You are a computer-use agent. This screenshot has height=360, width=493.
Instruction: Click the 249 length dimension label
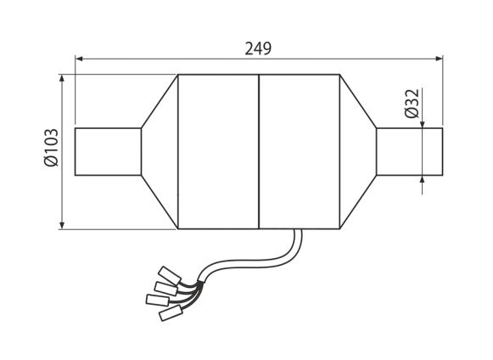coord(258,48)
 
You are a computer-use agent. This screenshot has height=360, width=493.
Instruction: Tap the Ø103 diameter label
coord(51,147)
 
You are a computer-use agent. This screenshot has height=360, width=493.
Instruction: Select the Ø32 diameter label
coord(412,104)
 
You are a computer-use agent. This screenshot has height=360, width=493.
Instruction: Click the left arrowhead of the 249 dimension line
coord(80,59)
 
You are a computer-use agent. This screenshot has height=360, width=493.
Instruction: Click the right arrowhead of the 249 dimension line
coord(439,59)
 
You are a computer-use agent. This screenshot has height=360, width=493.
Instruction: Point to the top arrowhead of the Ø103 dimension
coord(62,78)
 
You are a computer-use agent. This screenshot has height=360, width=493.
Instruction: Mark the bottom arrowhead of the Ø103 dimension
coord(62,225)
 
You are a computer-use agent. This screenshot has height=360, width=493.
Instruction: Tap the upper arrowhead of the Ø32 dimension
coord(422,125)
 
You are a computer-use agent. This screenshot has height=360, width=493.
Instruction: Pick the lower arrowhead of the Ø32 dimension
coord(422,179)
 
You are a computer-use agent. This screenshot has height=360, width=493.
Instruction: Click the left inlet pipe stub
coord(108,152)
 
